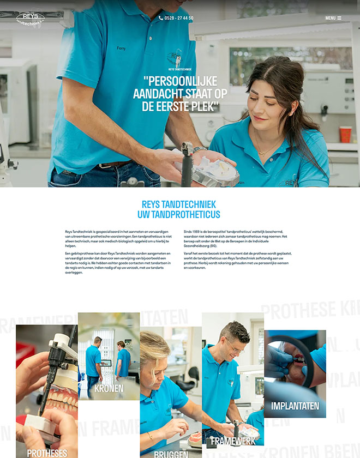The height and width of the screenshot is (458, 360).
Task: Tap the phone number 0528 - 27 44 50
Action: [x=179, y=18]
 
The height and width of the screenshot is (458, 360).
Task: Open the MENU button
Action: [x=333, y=18]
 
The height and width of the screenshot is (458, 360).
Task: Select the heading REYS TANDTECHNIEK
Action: [x=179, y=204]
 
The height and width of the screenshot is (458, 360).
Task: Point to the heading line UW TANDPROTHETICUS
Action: [x=179, y=214]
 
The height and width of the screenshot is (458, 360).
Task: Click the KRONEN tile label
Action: [x=109, y=389]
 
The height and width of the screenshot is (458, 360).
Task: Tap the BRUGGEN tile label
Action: [x=171, y=454]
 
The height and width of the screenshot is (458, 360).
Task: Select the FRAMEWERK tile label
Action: [x=233, y=441]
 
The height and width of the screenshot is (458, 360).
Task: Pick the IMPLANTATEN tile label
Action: [x=295, y=406]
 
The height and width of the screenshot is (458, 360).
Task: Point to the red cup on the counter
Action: [x=346, y=134]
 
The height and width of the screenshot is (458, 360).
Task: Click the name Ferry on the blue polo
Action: [x=121, y=48]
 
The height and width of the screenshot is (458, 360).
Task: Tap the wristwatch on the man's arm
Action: [x=197, y=148]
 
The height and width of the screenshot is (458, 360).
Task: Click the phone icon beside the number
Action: [x=161, y=18]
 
